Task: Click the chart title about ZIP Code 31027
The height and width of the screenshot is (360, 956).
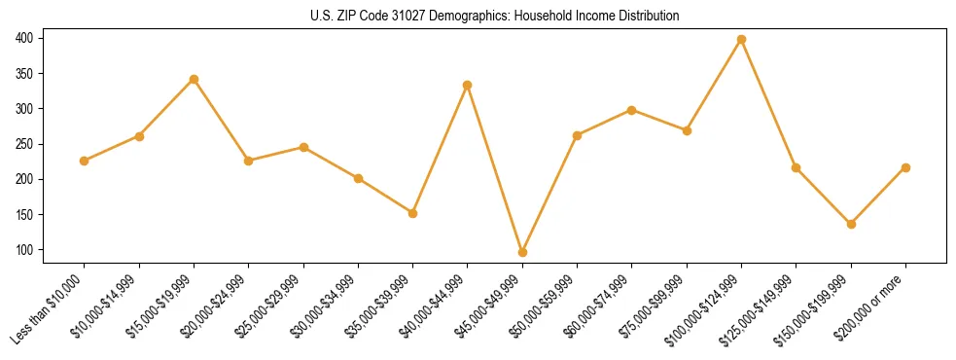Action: click(478, 16)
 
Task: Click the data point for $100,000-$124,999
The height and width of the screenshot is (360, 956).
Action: click(742, 39)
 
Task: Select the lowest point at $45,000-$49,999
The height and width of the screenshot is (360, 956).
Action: click(522, 252)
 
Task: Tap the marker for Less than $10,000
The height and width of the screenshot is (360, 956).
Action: click(84, 161)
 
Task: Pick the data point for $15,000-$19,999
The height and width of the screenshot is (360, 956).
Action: click(194, 79)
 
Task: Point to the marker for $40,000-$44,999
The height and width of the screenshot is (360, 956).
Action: click(468, 85)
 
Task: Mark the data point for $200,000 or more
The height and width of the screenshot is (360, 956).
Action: click(906, 167)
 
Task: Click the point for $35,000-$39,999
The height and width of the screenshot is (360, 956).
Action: click(412, 213)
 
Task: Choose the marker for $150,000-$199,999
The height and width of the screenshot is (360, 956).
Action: click(851, 224)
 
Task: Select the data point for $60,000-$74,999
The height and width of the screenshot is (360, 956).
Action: click(632, 110)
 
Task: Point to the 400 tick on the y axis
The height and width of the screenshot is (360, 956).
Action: click(24, 38)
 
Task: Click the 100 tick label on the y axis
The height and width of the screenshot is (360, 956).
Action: click(24, 250)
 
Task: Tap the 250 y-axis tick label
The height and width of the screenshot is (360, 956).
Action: click(24, 144)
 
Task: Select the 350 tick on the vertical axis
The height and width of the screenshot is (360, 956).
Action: click(24, 73)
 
